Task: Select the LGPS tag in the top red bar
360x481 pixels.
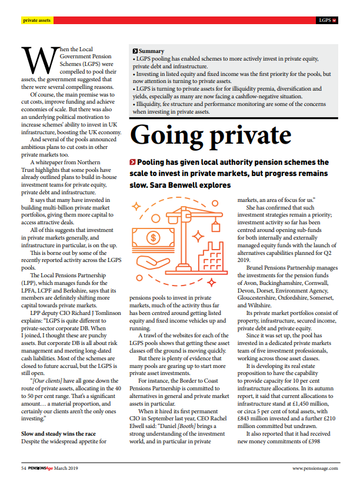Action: (x=325, y=21)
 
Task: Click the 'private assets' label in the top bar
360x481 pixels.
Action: (x=36, y=21)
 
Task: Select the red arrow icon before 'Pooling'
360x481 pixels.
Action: (x=132, y=162)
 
